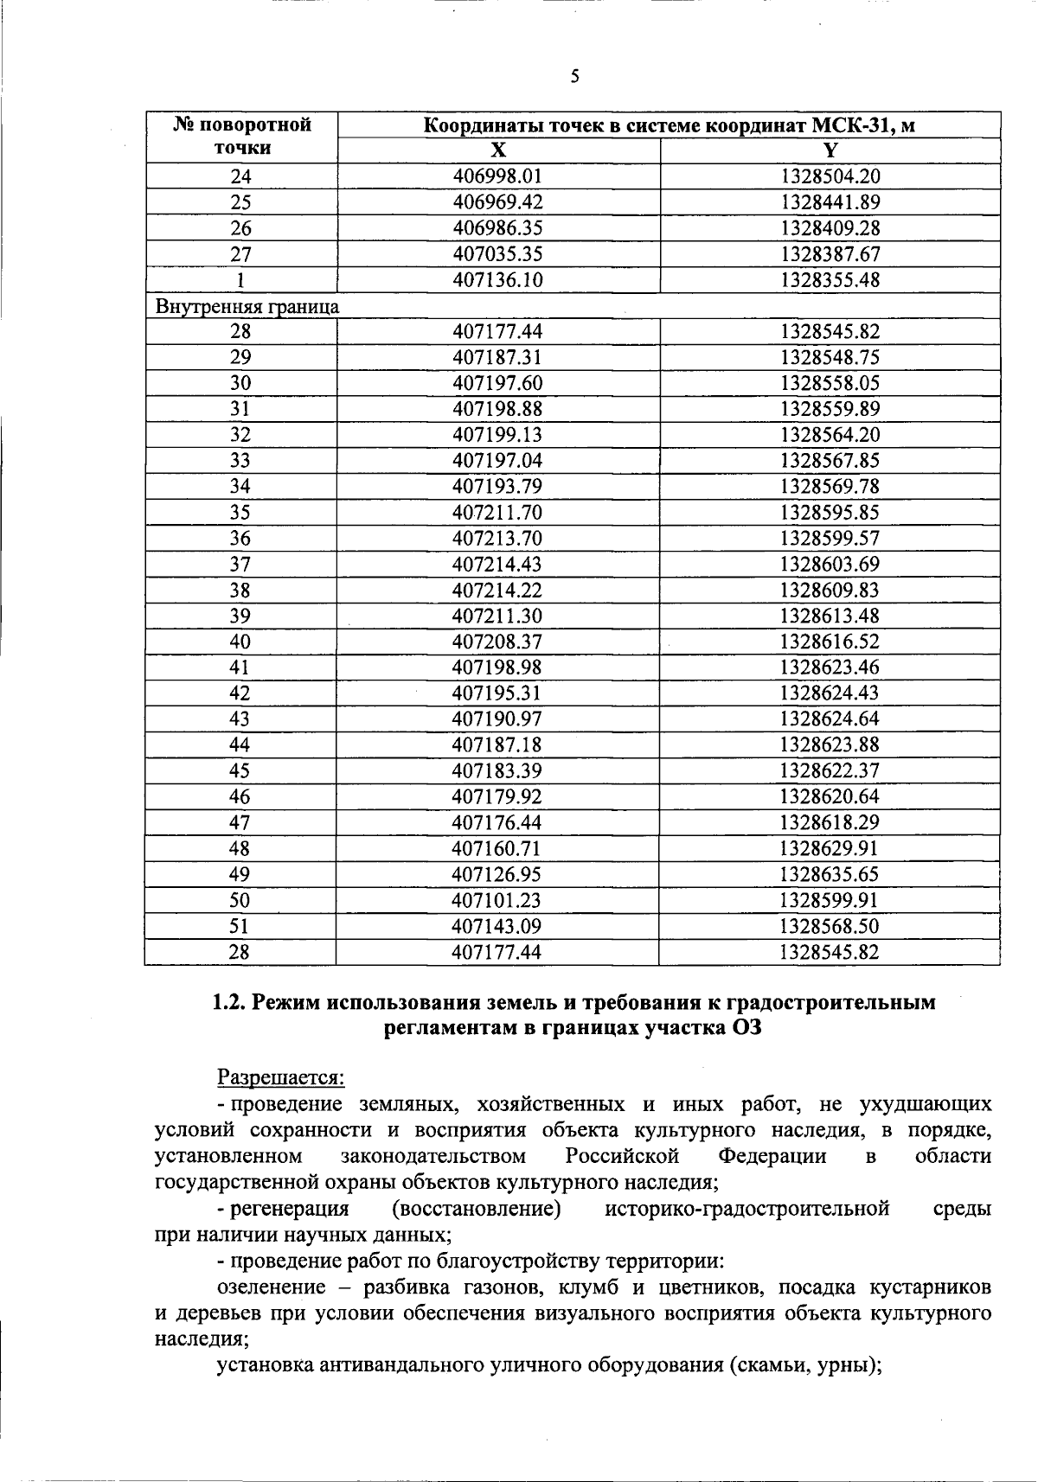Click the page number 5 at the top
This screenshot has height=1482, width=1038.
(574, 77)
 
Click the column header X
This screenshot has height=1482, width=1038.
(497, 150)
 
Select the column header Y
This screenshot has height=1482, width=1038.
(830, 150)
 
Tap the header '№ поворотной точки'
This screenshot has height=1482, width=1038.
(242, 137)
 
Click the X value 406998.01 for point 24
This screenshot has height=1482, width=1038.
(497, 176)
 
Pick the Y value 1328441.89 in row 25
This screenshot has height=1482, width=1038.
(830, 202)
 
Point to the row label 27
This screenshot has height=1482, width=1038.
(240, 254)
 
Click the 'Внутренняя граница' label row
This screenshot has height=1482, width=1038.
(247, 306)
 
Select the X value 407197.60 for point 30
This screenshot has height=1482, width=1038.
(497, 383)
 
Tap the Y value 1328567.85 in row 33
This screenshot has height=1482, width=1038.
(830, 461)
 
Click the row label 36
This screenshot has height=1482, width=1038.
(240, 539)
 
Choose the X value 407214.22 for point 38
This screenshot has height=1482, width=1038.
(497, 590)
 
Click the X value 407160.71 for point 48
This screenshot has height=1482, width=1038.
(497, 848)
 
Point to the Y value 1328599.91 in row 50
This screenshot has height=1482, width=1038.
(830, 900)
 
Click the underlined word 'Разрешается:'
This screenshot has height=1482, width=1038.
(280, 1078)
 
